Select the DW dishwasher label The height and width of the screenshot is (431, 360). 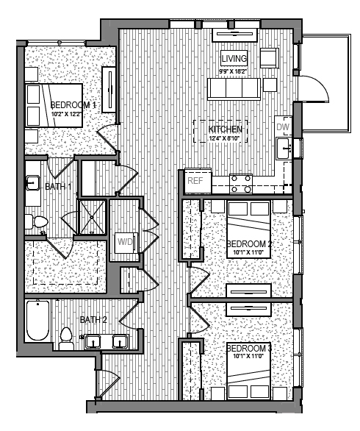(x=283, y=127)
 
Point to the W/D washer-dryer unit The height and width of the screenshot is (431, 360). (x=125, y=242)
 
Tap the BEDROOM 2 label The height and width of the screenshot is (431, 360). (x=249, y=244)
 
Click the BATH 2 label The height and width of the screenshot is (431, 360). (x=94, y=319)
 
